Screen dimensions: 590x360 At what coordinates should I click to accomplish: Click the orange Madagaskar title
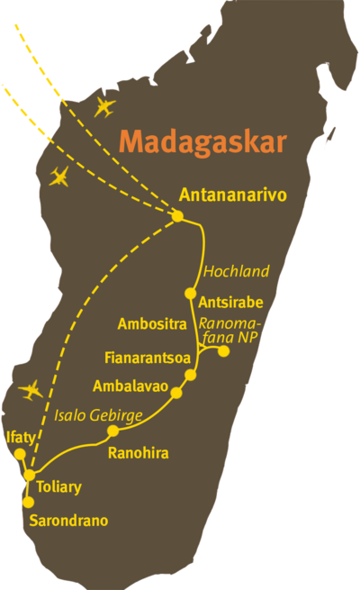[x=203, y=142]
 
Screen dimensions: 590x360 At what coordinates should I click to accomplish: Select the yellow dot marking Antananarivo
[x=177, y=216]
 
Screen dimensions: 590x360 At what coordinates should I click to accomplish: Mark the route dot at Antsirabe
[x=190, y=293]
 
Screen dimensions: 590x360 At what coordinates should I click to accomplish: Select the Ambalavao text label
[x=128, y=386]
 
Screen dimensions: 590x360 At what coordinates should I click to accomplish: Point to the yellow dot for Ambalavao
[x=176, y=393]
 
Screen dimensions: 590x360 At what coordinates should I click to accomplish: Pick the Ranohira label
[x=138, y=453]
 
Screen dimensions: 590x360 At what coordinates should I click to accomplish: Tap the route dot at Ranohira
[x=112, y=431]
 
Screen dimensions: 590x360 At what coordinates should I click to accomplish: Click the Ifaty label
[x=20, y=438]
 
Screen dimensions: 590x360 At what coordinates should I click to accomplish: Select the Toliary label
[x=59, y=487]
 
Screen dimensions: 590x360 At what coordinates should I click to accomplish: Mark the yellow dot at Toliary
[x=30, y=475]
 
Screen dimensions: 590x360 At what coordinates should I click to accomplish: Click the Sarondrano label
[x=68, y=521]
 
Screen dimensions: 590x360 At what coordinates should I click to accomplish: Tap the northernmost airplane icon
[x=105, y=109]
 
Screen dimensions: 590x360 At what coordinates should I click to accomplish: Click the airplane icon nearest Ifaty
[x=31, y=391]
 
